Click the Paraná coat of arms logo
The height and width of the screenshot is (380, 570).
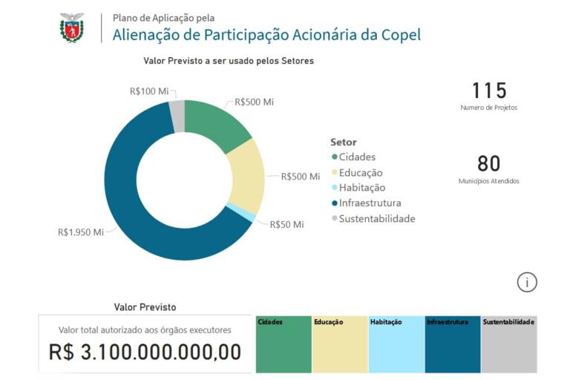pyautogui.click(x=72, y=27)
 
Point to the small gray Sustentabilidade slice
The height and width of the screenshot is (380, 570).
pyautogui.click(x=177, y=114)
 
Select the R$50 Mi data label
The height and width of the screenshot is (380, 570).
pyautogui.click(x=286, y=224)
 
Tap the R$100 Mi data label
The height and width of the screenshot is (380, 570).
pyautogui.click(x=149, y=91)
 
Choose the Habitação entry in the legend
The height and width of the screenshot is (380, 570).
pyautogui.click(x=361, y=188)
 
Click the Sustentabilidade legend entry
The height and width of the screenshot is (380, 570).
pyautogui.click(x=376, y=219)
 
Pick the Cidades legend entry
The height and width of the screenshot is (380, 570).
pyautogui.click(x=356, y=157)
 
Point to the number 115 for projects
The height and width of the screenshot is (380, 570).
pyautogui.click(x=488, y=91)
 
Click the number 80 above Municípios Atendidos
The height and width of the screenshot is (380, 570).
pyautogui.click(x=488, y=163)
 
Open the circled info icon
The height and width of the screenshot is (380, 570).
pyautogui.click(x=527, y=282)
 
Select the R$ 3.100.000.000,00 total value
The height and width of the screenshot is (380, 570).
pyautogui.click(x=145, y=352)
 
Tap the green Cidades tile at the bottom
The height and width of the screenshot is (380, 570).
pyautogui.click(x=284, y=344)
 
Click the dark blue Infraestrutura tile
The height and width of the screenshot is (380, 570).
pyautogui.click(x=452, y=344)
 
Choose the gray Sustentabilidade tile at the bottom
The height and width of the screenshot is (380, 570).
pyautogui.click(x=508, y=344)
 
